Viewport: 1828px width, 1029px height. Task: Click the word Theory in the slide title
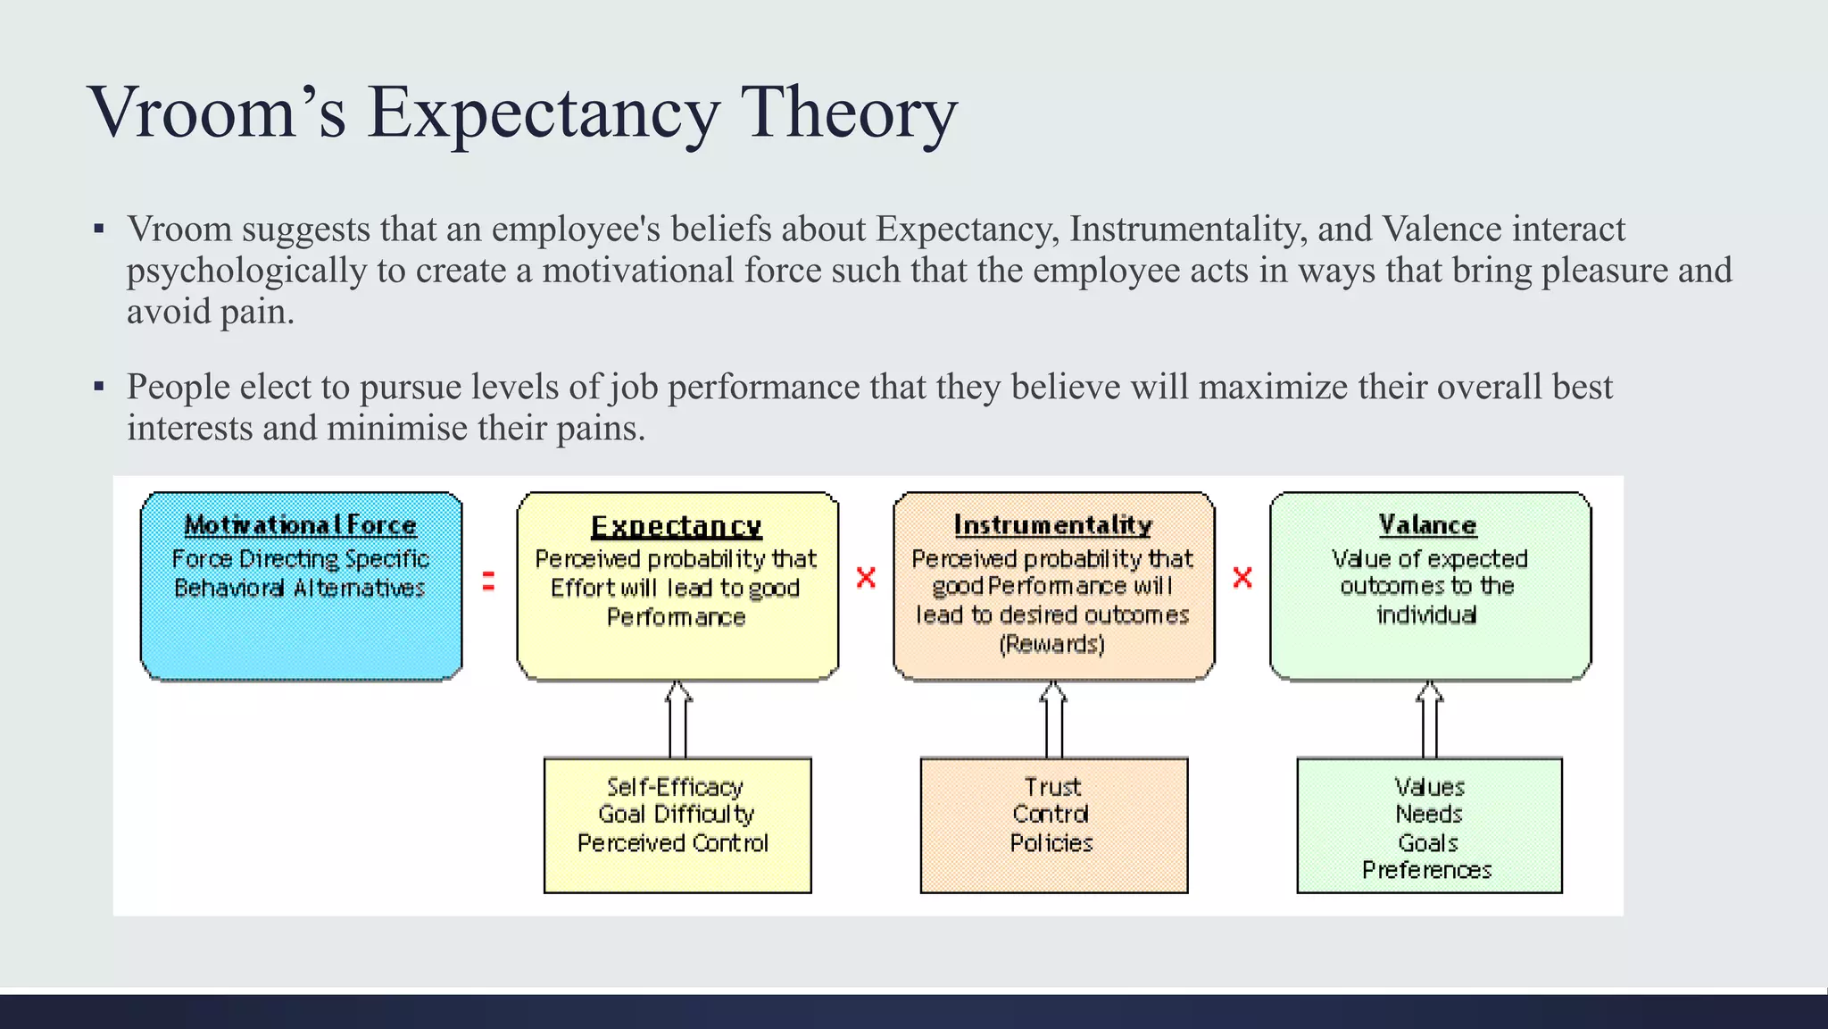click(849, 113)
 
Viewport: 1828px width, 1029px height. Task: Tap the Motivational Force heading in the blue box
click(301, 524)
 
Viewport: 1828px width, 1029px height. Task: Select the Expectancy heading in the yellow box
click(677, 526)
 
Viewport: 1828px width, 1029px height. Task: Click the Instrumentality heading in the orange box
click(1053, 524)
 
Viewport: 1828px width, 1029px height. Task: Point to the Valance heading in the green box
click(1428, 524)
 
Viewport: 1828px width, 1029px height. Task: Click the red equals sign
click(488, 581)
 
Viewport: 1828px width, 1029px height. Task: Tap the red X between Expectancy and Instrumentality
click(866, 577)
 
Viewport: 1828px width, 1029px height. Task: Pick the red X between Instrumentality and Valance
click(1242, 577)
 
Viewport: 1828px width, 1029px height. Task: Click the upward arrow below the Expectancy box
click(678, 719)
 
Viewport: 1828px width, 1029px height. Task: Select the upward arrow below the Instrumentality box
click(1054, 719)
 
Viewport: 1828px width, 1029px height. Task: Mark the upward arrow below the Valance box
click(1430, 719)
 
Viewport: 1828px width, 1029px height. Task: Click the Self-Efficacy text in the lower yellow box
click(675, 787)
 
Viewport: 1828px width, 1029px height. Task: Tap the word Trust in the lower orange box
click(1052, 787)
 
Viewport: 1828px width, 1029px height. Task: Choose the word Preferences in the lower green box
click(1427, 870)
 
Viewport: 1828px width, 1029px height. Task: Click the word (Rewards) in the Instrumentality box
click(1052, 644)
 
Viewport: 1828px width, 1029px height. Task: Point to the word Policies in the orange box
click(1051, 843)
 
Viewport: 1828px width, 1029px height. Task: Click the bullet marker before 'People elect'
click(99, 388)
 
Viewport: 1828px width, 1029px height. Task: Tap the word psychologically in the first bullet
click(246, 271)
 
